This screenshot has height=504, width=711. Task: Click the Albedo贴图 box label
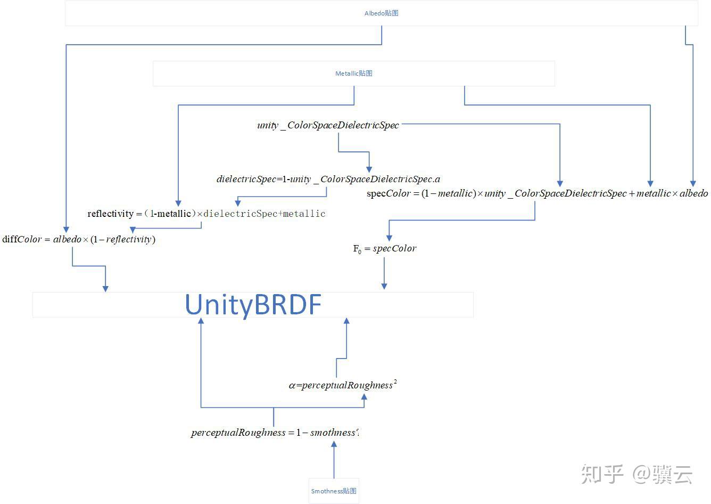click(x=381, y=13)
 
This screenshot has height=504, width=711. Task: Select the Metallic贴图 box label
click(x=353, y=74)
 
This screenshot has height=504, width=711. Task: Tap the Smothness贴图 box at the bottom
click(x=334, y=491)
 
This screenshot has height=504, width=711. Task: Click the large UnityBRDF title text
click(x=253, y=305)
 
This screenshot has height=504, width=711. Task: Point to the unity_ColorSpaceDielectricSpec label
click(x=328, y=125)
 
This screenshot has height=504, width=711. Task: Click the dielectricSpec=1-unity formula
click(x=328, y=179)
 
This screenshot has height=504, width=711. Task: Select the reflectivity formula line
click(x=206, y=214)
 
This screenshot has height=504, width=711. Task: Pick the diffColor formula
click(x=79, y=239)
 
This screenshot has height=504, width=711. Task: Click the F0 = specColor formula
click(x=384, y=248)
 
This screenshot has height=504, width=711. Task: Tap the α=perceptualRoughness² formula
click(x=343, y=385)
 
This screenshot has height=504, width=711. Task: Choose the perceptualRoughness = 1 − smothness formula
click(x=275, y=433)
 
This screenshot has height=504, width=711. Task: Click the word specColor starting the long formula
click(x=388, y=193)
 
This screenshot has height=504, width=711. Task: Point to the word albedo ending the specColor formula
click(x=693, y=193)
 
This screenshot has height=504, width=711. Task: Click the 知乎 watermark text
click(x=602, y=474)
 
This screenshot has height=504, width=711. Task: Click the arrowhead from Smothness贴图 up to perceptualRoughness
click(x=334, y=445)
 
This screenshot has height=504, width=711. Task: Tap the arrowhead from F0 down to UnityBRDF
click(x=384, y=286)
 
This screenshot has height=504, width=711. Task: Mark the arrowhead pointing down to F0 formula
click(x=389, y=238)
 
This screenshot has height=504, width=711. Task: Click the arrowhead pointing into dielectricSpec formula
click(x=369, y=169)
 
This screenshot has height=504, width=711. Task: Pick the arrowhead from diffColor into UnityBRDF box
click(x=105, y=288)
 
